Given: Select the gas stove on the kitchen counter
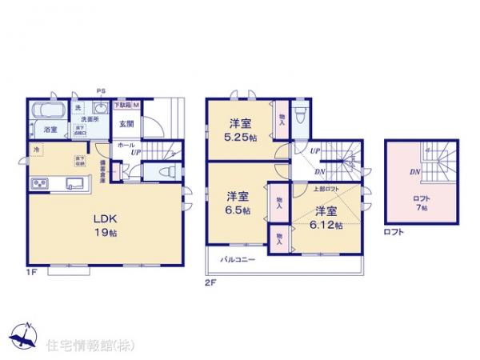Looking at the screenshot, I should coord(41,184).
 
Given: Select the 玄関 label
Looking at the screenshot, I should coord(126,124).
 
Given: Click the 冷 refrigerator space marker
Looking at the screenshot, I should coord(36,149).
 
